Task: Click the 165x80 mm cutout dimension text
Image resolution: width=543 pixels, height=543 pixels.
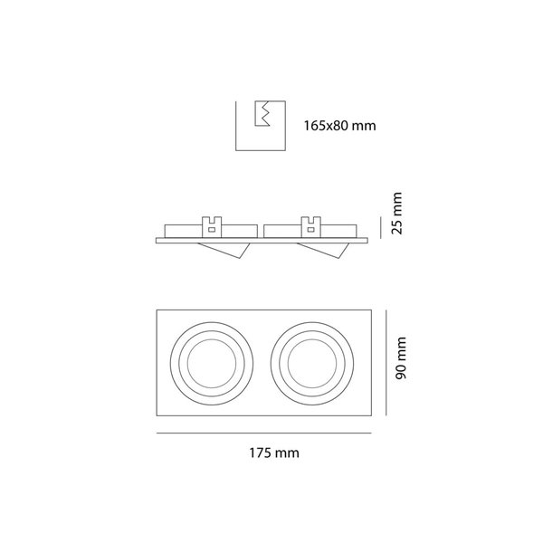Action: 339,126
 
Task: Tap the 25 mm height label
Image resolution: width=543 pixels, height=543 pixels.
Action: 397,214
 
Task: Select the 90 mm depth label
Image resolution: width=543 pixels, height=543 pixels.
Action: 401,357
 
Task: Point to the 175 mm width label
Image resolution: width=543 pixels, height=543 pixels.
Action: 274,453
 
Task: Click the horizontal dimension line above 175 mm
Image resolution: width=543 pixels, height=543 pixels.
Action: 264,433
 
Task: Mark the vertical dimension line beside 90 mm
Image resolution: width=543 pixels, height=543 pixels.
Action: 386,363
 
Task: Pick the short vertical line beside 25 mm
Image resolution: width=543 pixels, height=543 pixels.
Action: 381,227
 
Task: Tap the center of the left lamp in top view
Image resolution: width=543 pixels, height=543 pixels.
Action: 212,363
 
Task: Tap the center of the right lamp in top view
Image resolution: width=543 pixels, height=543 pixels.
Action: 312,363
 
